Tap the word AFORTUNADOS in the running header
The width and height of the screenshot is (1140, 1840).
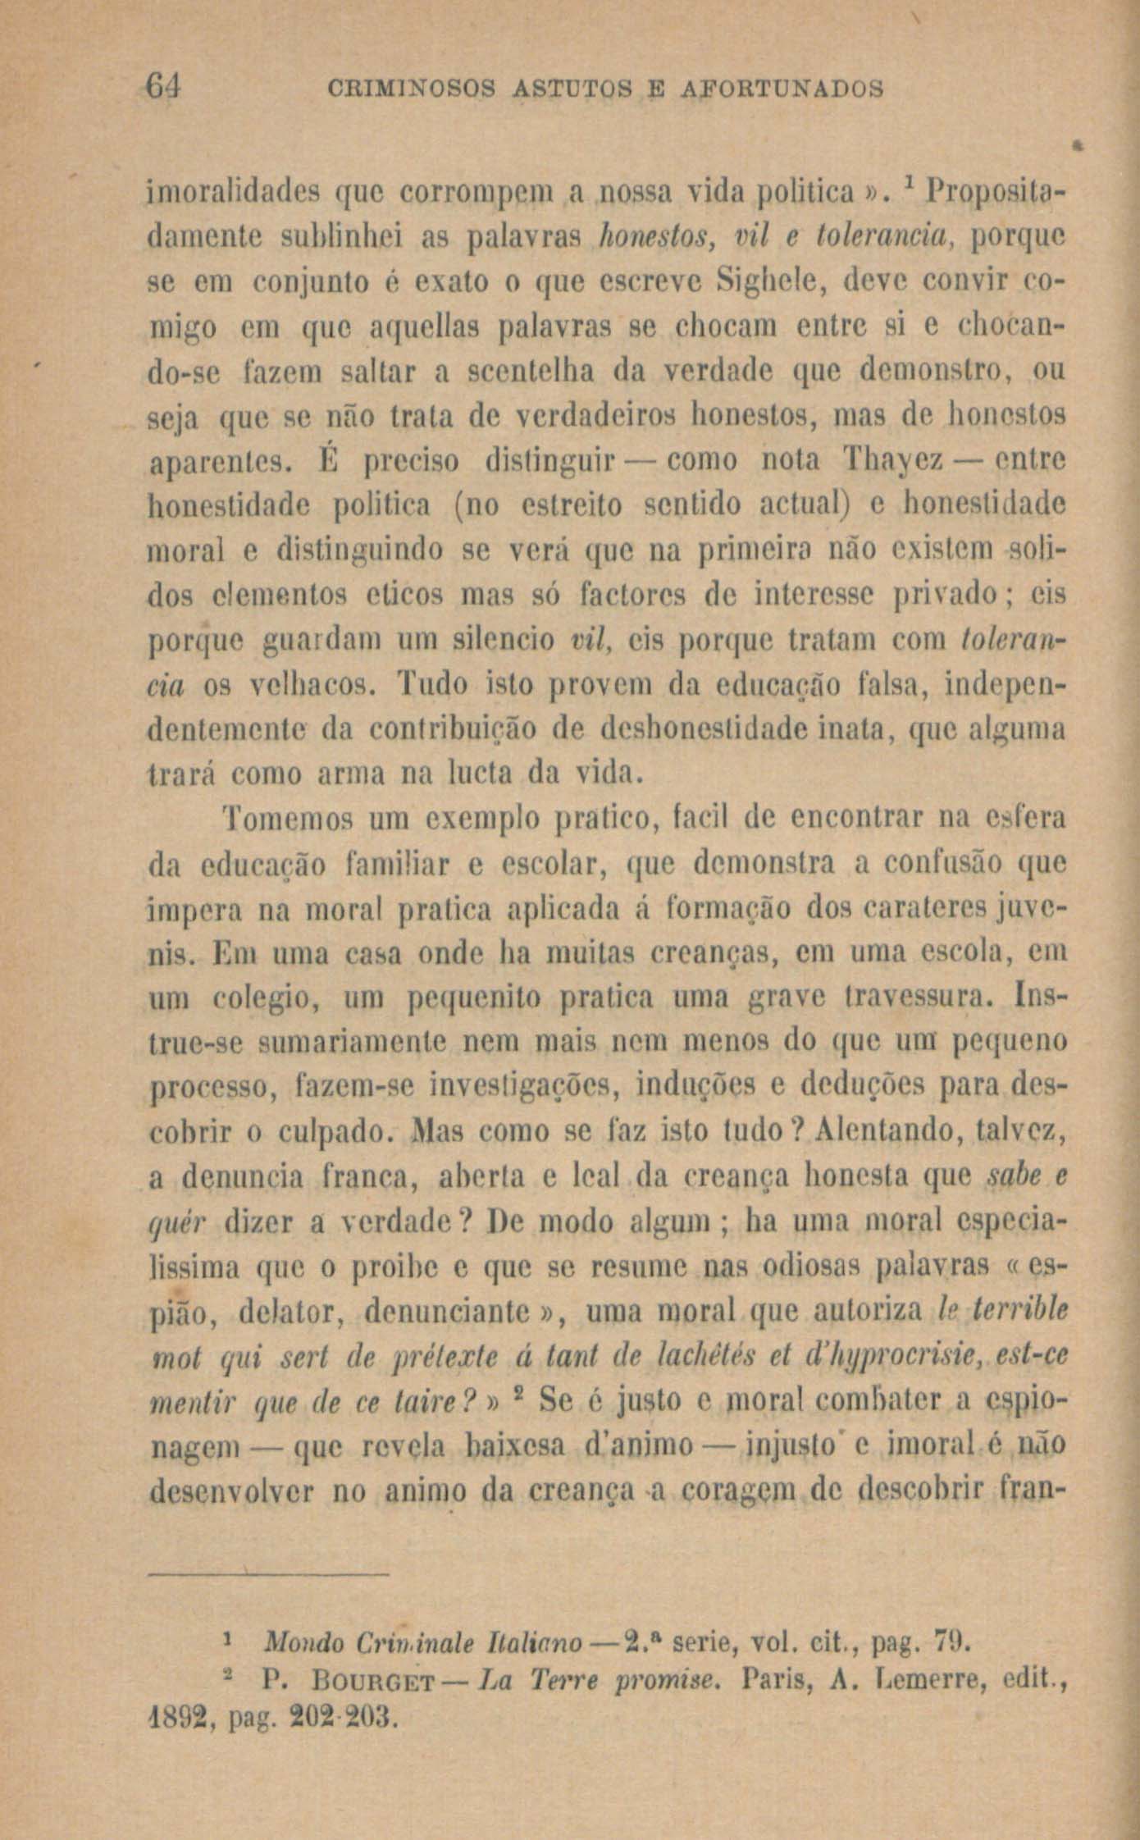[782, 87]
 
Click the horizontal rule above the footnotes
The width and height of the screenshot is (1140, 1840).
[268, 1573]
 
